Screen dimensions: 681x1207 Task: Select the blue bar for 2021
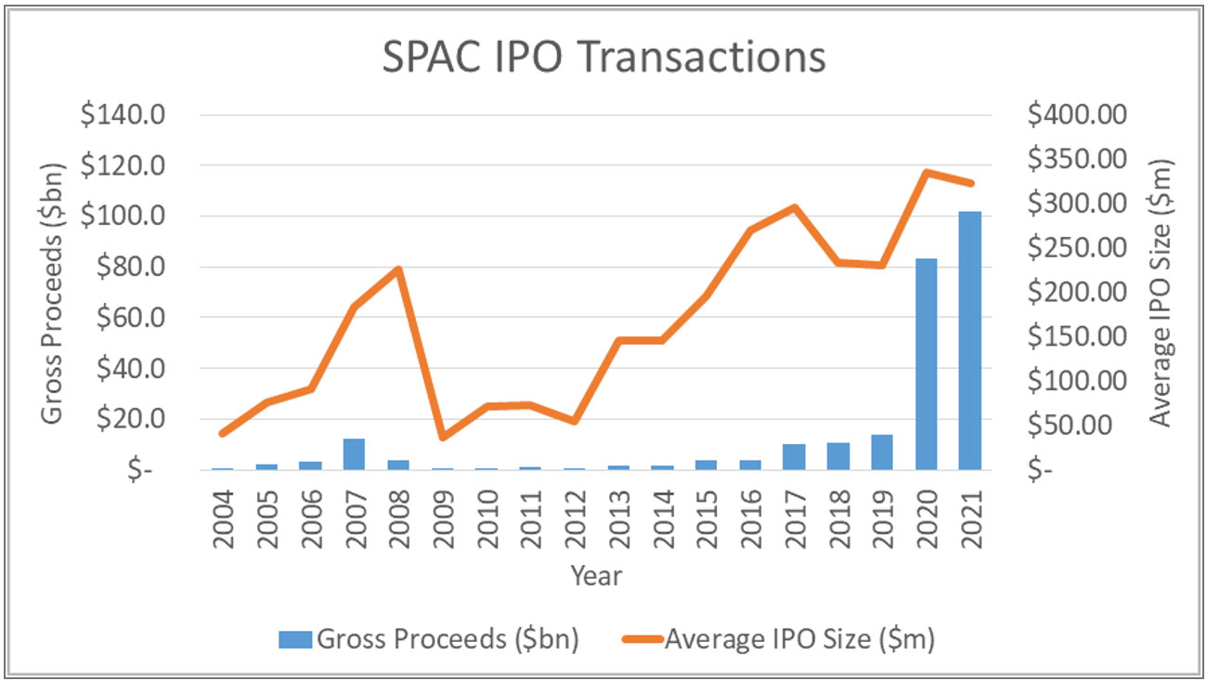coord(970,341)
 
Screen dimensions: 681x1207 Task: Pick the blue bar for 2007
coord(354,454)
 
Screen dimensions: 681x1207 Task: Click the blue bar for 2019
coord(882,452)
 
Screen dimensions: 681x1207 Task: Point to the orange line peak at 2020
coord(927,172)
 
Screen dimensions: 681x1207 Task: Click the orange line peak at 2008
coord(397,269)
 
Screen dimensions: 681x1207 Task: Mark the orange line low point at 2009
coord(442,437)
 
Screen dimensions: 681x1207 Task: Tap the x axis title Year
coord(596,576)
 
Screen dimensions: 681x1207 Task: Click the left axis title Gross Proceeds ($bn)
coord(54,293)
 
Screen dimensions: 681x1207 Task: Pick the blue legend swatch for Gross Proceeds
coord(295,639)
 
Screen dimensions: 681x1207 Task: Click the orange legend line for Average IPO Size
coord(639,639)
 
